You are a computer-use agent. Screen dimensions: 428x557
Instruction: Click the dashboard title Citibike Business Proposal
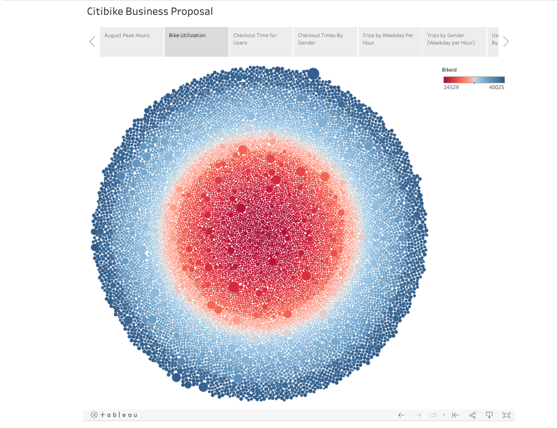(150, 11)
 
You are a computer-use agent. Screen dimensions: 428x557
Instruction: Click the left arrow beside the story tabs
(92, 41)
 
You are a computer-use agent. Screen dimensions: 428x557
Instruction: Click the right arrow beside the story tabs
(505, 41)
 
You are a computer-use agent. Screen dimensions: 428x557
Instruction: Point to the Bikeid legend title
(449, 69)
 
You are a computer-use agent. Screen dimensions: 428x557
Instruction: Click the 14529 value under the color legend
(451, 88)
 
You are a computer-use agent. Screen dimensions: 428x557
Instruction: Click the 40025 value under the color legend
(496, 88)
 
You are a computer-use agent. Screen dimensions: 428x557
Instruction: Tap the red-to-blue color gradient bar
(474, 80)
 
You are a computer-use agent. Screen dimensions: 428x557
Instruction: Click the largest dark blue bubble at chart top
(313, 73)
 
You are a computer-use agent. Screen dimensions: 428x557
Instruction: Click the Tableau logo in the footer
(114, 415)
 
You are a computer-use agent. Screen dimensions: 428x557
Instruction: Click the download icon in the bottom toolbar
(490, 415)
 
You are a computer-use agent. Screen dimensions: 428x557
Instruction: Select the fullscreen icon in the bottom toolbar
(507, 415)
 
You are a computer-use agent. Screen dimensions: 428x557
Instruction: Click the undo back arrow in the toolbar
(401, 415)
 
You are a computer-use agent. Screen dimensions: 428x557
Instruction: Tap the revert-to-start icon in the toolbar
(456, 415)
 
